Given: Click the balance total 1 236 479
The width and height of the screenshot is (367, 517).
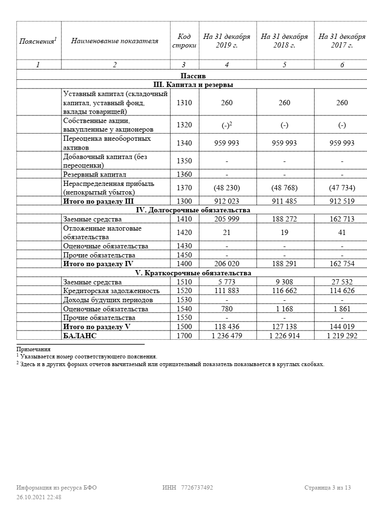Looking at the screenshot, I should [x=227, y=336].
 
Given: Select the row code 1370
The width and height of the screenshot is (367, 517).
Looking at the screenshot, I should [x=184, y=187].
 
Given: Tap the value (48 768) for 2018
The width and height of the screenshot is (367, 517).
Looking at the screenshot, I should [x=284, y=187].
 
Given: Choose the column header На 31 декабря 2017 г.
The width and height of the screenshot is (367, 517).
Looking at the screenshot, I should [x=342, y=41].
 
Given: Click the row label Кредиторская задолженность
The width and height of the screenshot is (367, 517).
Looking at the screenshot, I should [x=111, y=291].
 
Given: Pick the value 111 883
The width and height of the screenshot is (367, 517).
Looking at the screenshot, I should [x=227, y=291].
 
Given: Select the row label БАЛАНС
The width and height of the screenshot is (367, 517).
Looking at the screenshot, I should [x=80, y=336].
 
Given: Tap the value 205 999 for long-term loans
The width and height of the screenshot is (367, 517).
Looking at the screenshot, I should [x=227, y=219].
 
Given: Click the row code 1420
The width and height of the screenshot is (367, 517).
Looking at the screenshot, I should [x=184, y=233].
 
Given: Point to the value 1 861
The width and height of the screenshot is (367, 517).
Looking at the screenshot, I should [x=342, y=309].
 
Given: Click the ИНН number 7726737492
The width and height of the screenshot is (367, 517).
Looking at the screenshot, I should [x=197, y=488].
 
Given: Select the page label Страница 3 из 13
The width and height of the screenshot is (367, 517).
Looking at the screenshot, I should [x=328, y=488].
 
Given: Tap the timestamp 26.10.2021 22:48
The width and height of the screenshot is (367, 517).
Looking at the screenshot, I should [x=39, y=497].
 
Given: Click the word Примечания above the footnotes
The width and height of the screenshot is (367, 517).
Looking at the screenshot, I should [x=34, y=349].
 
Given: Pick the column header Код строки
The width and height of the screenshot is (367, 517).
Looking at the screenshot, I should [x=184, y=41].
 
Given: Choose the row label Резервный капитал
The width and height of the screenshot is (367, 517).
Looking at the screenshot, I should [x=95, y=174].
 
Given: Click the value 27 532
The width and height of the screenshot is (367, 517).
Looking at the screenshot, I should [x=342, y=282].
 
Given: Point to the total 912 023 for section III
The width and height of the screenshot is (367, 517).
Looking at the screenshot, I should [x=227, y=201].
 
